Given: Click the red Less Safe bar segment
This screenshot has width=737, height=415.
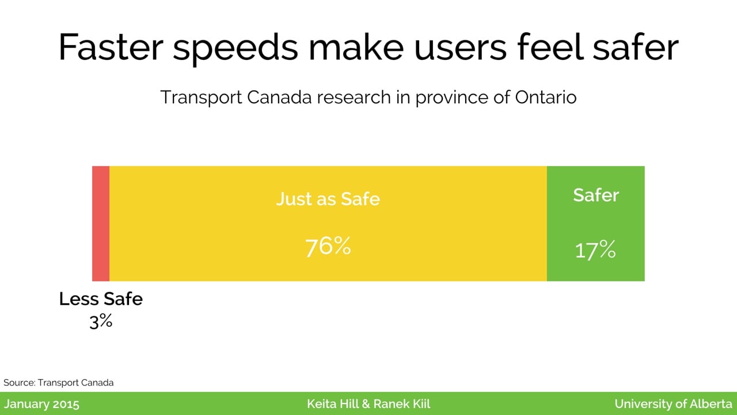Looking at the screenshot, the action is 101,224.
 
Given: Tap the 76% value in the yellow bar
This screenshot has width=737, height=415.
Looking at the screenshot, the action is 328,246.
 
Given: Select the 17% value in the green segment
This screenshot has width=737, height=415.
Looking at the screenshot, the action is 595,250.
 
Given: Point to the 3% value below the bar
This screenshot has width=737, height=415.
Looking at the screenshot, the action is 101,321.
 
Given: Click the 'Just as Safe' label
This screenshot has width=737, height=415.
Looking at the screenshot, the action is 328,199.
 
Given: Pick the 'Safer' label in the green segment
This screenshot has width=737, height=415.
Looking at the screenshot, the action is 596,195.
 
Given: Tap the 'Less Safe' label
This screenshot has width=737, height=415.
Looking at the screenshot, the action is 101,299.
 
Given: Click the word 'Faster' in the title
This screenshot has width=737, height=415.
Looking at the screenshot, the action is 111,47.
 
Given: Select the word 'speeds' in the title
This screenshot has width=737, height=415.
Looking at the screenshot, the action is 235,49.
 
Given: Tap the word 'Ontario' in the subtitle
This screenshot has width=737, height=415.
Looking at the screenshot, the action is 545,97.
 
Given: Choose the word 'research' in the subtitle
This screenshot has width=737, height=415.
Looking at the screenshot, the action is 354,97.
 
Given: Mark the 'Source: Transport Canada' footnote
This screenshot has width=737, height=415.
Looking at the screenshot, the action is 59,383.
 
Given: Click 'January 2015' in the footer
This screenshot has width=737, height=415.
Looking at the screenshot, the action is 41,404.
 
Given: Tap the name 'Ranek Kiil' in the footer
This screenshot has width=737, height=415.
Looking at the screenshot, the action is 402,404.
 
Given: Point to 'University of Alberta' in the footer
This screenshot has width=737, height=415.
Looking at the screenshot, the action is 673,404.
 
